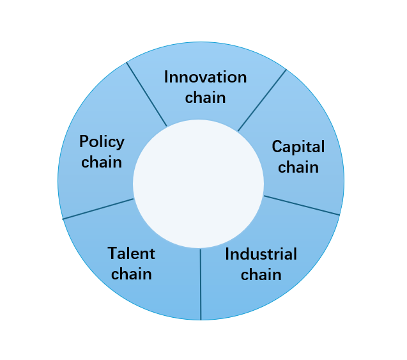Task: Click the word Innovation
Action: coord(205,77)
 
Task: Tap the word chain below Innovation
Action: coord(205,98)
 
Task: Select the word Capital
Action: coord(298,147)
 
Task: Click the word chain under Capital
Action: coord(298,167)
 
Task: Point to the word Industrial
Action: coord(261,254)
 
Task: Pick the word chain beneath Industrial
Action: coord(261,274)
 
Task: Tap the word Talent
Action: coord(132,253)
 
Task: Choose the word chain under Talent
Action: coord(132,274)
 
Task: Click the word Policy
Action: coord(102,142)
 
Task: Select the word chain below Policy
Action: coord(102,162)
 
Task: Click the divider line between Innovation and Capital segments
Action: coord(262,100)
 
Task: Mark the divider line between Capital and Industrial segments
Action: coord(302,205)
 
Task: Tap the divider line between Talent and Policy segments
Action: coord(98,209)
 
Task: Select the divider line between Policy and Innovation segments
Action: coord(147,94)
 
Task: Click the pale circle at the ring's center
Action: coord(198,184)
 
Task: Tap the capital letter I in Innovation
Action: coord(167,77)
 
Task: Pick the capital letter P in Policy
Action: coord(84,141)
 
